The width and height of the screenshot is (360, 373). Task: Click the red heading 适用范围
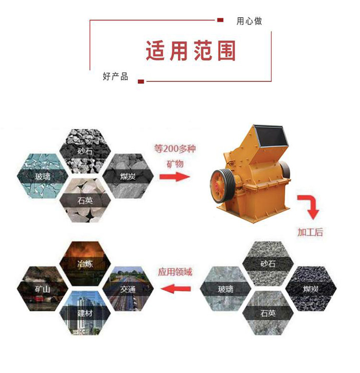point(191,51)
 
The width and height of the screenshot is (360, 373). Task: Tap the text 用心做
point(249,21)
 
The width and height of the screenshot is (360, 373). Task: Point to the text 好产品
point(116,77)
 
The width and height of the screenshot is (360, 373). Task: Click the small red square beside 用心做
point(220,20)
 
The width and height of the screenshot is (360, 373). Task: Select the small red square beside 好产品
point(141,82)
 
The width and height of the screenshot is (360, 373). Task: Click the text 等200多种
point(175,149)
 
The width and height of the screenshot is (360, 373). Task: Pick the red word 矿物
point(175,163)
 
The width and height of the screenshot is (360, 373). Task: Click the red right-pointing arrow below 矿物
point(175,176)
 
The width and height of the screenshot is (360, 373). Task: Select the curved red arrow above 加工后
point(309,206)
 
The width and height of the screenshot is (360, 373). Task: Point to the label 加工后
point(310,232)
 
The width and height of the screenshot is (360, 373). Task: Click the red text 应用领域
point(175,272)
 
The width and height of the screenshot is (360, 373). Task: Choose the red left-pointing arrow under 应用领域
point(176,289)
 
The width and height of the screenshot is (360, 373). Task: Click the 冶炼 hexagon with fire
point(85,264)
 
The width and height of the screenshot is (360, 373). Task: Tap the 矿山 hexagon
point(43,289)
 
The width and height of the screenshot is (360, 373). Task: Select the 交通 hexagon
point(128,289)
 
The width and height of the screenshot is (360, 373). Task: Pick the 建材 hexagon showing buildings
point(85,313)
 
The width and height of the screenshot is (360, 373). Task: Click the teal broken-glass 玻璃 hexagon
point(43,176)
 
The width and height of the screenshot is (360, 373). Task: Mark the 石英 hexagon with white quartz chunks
point(85,200)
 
